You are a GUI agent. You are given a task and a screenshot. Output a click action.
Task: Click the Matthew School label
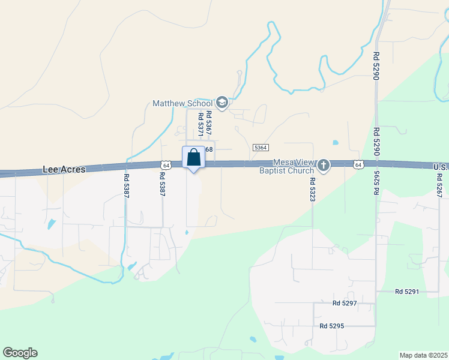[x=183, y=103]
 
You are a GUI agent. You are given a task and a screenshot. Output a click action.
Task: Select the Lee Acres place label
[x=64, y=170]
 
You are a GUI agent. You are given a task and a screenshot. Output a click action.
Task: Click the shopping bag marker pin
[x=193, y=158]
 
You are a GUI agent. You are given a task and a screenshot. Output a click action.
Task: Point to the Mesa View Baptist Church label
[x=294, y=166]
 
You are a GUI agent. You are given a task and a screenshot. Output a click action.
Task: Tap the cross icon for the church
[x=324, y=165]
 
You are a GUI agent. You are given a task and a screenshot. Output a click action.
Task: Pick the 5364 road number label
[x=261, y=148]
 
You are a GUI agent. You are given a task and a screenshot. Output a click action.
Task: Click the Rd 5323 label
[x=312, y=188]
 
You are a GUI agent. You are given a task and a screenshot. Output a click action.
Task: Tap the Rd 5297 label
[x=345, y=304]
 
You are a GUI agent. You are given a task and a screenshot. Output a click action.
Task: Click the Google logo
[x=20, y=353]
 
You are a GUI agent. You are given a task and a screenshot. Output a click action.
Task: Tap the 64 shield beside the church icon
[x=358, y=164]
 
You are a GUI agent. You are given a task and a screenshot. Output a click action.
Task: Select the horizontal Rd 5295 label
[x=332, y=326]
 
